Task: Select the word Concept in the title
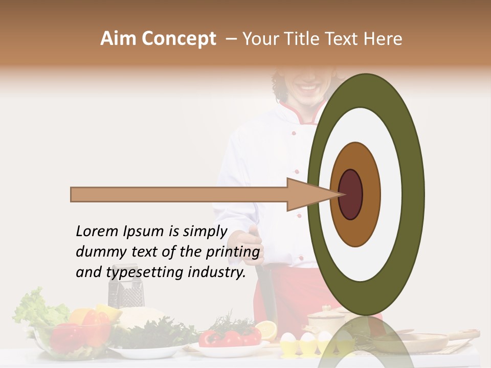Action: (178, 39)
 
